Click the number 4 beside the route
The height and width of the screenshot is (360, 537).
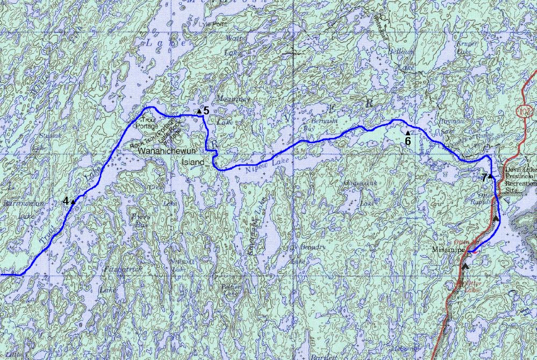66,201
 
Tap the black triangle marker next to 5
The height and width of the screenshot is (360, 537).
199,111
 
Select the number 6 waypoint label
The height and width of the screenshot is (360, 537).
407,141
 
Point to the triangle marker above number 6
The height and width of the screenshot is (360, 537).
407,133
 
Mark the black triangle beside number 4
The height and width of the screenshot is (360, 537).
73,201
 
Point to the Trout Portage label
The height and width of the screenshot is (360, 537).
147,123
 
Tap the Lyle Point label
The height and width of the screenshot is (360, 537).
212,25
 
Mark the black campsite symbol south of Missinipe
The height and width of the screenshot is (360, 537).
466,265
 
